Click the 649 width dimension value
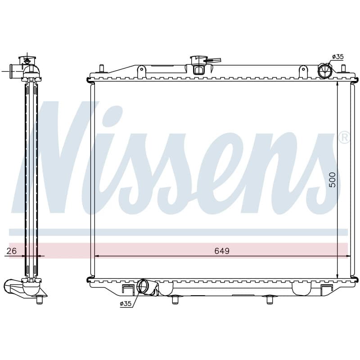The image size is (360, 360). (x=222, y=251)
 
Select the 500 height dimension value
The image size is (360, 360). (x=332, y=180)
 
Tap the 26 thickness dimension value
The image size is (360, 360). (x=12, y=251)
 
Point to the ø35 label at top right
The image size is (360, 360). (x=338, y=57)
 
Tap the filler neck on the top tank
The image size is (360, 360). (x=199, y=65)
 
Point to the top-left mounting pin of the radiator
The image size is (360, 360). (x=102, y=68)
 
